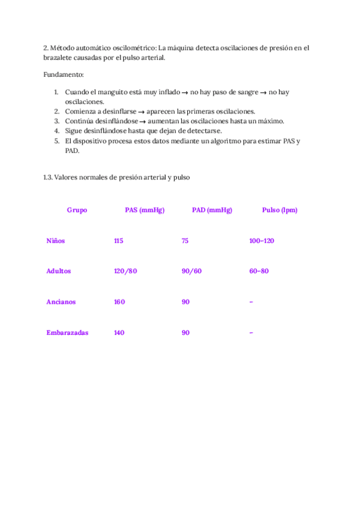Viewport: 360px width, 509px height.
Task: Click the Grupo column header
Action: pos(77,210)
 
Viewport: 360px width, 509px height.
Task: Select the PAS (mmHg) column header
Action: pos(145,210)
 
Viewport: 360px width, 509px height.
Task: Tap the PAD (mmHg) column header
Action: pos(212,210)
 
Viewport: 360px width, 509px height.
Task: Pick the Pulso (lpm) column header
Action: pos(280,210)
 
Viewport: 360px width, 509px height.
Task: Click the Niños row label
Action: pos(55,241)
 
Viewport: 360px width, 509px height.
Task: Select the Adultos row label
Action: pos(58,271)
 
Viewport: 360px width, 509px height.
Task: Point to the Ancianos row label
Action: pos(61,302)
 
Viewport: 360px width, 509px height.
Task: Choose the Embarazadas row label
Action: pos(67,333)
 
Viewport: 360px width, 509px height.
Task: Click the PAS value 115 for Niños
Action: pos(118,241)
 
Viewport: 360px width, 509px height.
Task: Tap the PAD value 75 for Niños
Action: pos(185,241)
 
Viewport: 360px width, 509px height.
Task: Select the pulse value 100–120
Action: pos(261,241)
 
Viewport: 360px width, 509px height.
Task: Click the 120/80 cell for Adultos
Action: pos(125,271)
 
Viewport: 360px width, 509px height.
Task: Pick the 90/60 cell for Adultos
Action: pos(191,271)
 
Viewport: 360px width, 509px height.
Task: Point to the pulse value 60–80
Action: pos(259,271)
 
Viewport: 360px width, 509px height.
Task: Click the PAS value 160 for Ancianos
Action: pos(119,302)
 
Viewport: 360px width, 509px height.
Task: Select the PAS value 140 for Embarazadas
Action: pos(119,333)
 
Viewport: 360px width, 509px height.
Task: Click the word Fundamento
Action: pos(64,74)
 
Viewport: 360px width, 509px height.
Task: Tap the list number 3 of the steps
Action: pos(56,121)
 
